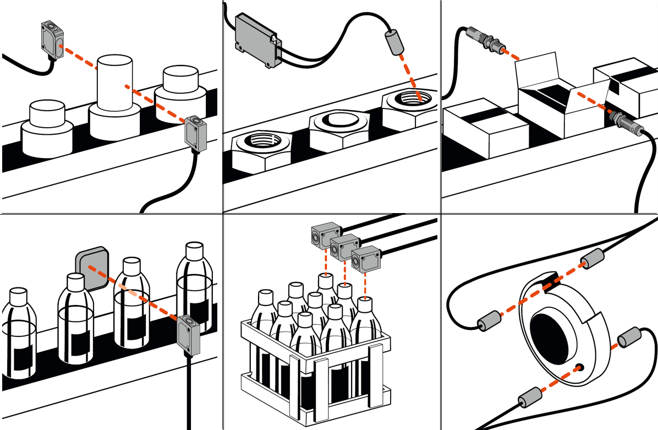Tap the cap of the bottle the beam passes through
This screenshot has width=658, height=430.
(132, 265)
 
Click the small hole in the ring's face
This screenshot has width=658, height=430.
(578, 367)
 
